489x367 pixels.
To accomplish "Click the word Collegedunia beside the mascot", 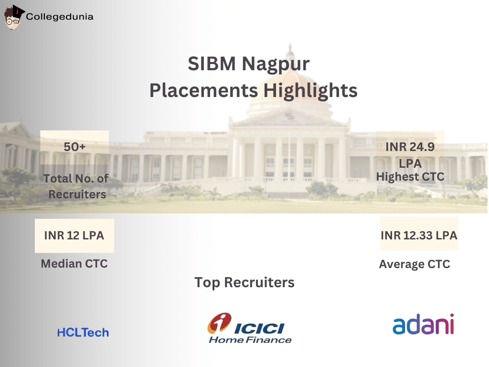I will point(60,17).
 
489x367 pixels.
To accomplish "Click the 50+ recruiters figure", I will point(74,147).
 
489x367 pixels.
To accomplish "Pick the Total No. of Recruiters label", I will point(76,186).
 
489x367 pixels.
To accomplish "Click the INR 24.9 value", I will point(410,147).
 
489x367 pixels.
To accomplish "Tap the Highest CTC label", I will point(410,177).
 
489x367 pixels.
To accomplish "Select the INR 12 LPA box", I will point(74,236).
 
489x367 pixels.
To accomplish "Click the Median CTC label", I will point(74,263).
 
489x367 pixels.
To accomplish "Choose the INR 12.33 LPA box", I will point(419,235).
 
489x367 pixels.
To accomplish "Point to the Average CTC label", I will point(415,264).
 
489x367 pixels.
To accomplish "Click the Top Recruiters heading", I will point(244,282).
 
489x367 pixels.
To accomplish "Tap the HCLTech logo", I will point(83,333).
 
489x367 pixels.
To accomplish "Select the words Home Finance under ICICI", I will point(250,340).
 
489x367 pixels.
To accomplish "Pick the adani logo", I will point(423,325).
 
